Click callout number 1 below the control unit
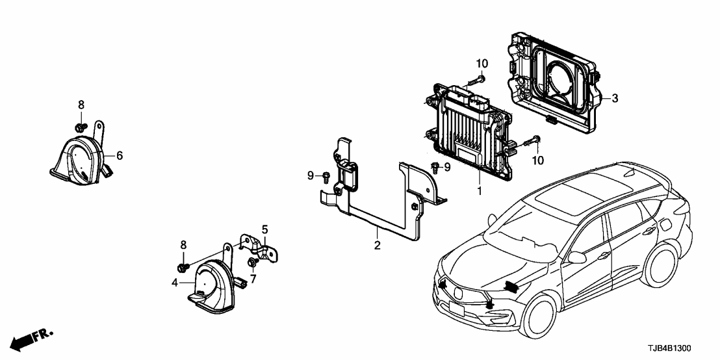coord(480,192)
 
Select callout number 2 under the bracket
coord(377,245)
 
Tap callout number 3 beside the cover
coord(615,99)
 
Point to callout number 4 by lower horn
coord(175,282)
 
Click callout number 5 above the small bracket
coord(265,229)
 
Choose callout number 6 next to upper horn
coord(120,155)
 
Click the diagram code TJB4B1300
coord(680,348)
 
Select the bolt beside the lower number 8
coord(183,266)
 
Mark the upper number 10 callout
coord(481,63)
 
